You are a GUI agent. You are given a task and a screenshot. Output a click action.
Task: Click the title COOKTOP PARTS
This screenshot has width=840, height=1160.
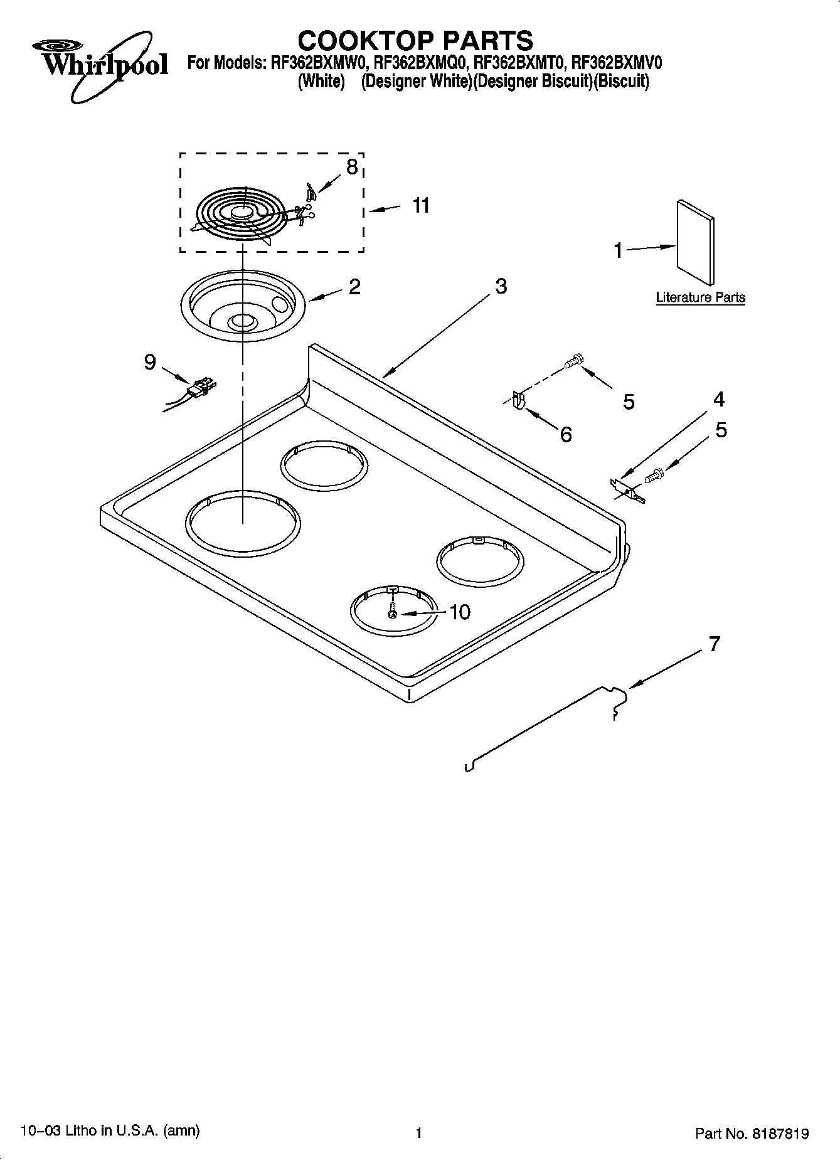(x=415, y=40)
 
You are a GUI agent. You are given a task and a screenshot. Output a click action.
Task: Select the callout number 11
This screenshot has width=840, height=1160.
(x=421, y=205)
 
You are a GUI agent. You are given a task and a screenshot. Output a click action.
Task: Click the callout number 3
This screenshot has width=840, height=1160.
(x=501, y=286)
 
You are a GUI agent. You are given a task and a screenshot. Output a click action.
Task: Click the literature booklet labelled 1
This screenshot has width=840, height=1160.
(x=694, y=243)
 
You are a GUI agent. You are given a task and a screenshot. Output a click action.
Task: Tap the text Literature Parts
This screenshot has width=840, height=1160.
(x=700, y=297)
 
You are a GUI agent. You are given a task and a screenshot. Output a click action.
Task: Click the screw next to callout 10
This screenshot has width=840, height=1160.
(x=392, y=609)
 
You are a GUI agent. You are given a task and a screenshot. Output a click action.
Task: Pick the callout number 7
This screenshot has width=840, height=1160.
(x=714, y=644)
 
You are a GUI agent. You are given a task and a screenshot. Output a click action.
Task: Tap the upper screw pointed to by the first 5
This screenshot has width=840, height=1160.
(x=573, y=361)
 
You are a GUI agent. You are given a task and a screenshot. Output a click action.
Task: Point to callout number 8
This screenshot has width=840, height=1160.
(x=352, y=167)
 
